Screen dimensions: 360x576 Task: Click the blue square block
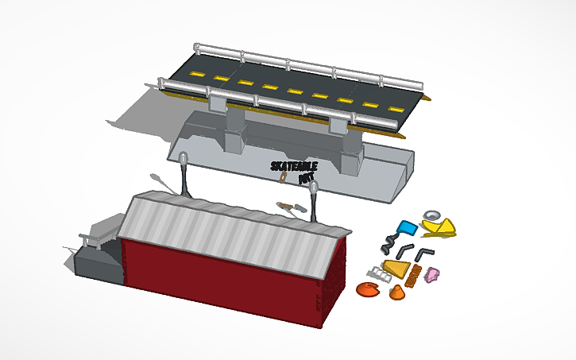408,227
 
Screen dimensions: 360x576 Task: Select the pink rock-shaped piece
433,275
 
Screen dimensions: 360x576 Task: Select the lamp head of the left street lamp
183,157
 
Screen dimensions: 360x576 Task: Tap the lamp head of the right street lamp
315,188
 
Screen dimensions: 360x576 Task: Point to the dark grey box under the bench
99,264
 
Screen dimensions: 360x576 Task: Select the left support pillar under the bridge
235,127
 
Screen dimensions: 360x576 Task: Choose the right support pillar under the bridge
350,148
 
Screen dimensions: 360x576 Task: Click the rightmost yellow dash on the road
393,106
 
